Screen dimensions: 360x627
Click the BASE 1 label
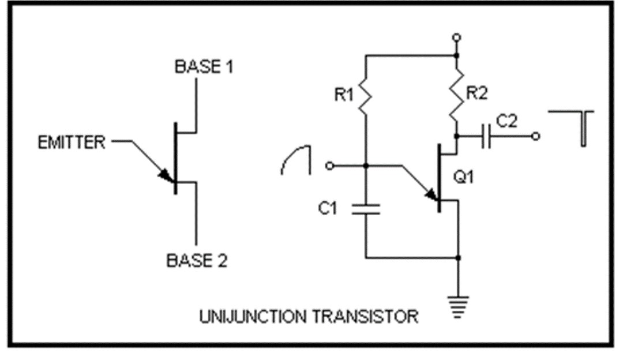pyautogui.click(x=204, y=67)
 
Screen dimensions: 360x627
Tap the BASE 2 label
pyautogui.click(x=197, y=261)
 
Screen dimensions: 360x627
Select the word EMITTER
pyautogui.click(x=72, y=142)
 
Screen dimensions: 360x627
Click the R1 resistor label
pyautogui.click(x=344, y=95)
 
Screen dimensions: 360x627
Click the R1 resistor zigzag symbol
pyautogui.click(x=366, y=96)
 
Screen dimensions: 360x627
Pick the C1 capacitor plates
pyautogui.click(x=366, y=209)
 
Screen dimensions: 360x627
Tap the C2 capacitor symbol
pyautogui.click(x=486, y=137)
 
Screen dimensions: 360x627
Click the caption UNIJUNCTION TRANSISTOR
pyautogui.click(x=309, y=317)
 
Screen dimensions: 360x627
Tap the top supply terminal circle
pyautogui.click(x=457, y=37)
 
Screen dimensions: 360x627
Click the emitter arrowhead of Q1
pyautogui.click(x=431, y=194)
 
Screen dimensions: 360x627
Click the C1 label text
pyautogui.click(x=328, y=208)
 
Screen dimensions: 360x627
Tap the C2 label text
pyautogui.click(x=507, y=121)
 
